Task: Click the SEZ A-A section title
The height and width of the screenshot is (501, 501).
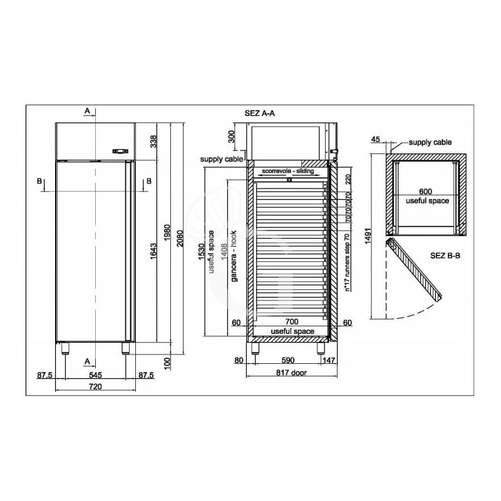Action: pos(260,113)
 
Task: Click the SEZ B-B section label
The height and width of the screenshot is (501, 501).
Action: pos(445,256)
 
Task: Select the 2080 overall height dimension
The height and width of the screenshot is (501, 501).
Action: pos(180,234)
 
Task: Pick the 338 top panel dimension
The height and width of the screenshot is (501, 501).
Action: pos(153,141)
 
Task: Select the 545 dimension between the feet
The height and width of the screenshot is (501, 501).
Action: pos(95,375)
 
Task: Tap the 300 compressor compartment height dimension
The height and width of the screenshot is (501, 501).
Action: pos(233,137)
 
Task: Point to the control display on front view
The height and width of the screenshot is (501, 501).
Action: pos(120,151)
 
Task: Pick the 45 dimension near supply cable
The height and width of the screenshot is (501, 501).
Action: pos(376,140)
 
